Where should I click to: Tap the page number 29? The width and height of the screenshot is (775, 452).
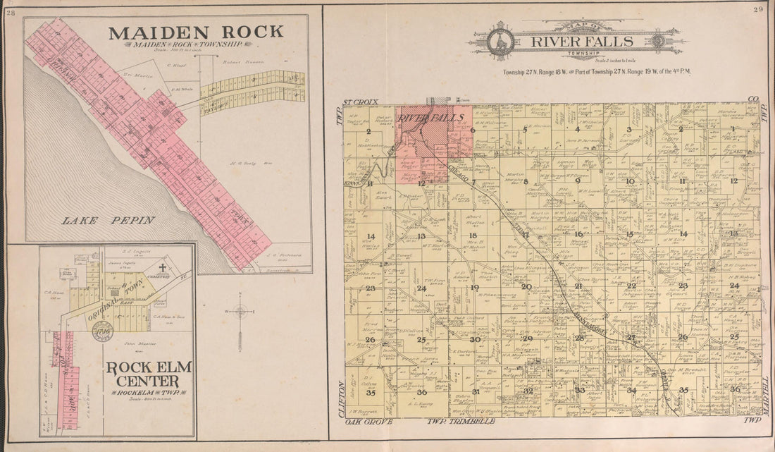pyautogui.click(x=758, y=9)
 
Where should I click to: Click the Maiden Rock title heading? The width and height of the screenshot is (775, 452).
pyautogui.click(x=196, y=32)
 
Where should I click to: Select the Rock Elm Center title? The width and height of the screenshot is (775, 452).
pyautogui.click(x=149, y=374)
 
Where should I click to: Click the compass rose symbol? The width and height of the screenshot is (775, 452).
pyautogui.click(x=240, y=310)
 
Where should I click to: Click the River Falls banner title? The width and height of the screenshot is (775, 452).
pyautogui.click(x=576, y=41)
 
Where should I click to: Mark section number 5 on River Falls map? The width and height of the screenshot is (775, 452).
pyautogui.click(x=525, y=130)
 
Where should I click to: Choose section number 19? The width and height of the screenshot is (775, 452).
pyautogui.click(x=474, y=287)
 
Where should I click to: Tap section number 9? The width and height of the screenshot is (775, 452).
pyautogui.click(x=577, y=181)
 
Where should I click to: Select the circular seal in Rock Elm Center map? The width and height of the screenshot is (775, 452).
pyautogui.click(x=102, y=331)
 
